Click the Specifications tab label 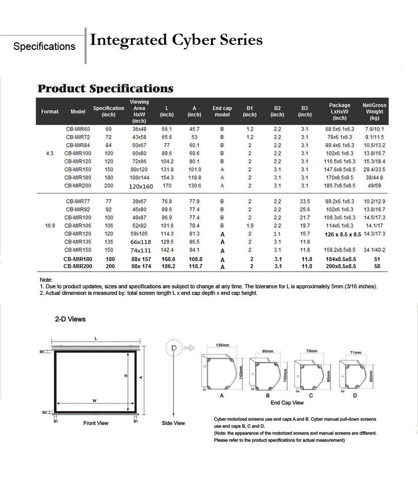(x=44, y=47)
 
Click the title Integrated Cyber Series (x=176, y=40)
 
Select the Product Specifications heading (x=106, y=89)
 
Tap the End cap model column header (x=222, y=111)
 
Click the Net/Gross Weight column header (x=374, y=111)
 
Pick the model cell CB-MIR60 (x=78, y=129)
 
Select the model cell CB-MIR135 (x=78, y=242)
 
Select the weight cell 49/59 (x=374, y=185)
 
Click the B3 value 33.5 (x=305, y=202)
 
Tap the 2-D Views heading (x=70, y=319)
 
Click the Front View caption (x=96, y=423)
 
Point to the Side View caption (x=173, y=423)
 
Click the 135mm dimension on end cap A (x=222, y=346)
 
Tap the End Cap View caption (x=287, y=403)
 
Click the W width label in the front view (x=94, y=401)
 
